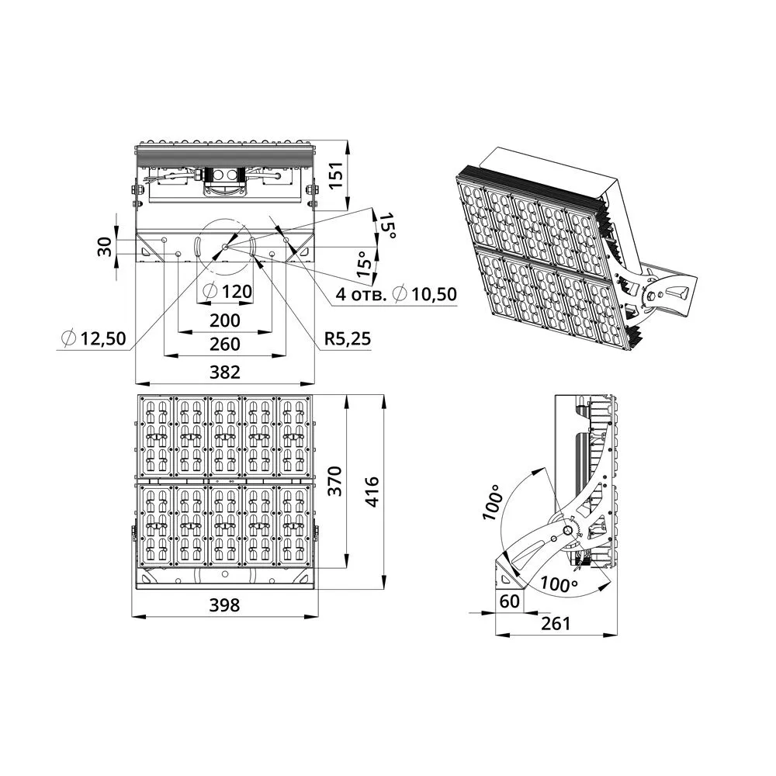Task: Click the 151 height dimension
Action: click(x=335, y=175)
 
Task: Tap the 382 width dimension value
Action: click(x=225, y=372)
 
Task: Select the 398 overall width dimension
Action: click(x=224, y=605)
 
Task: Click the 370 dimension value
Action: click(x=335, y=480)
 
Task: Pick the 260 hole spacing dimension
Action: click(x=225, y=344)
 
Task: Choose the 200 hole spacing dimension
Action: click(x=225, y=320)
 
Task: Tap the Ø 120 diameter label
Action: click(x=227, y=291)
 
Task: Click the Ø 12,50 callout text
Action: click(x=94, y=338)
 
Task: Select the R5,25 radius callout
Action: click(x=348, y=338)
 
